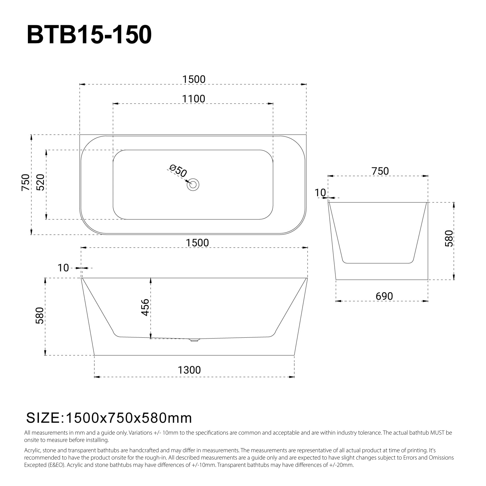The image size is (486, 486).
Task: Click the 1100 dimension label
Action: coord(193,99)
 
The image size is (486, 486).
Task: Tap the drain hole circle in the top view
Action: coord(193,185)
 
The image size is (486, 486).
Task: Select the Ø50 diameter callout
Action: coord(178,171)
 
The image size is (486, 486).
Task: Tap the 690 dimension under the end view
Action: coord(384,296)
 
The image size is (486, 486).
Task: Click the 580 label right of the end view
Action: coord(449,238)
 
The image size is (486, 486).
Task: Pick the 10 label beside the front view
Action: coord(63,268)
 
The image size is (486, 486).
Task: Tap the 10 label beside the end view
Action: coord(320,193)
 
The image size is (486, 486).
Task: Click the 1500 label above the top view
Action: coord(194,79)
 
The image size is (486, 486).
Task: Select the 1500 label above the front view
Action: coord(197,243)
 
